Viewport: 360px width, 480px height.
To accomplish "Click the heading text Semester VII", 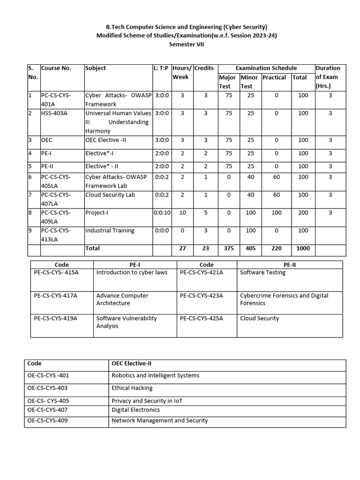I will [x=187, y=45].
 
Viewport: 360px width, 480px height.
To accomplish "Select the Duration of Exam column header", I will [x=328, y=77].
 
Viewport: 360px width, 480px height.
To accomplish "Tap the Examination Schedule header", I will [x=266, y=68].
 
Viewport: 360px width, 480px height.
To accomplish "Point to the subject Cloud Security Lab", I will [x=110, y=195].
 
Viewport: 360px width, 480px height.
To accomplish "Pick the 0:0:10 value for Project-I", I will [x=162, y=212].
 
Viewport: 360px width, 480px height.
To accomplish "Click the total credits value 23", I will [x=205, y=248].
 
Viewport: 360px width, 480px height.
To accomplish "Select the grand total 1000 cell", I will [x=303, y=248].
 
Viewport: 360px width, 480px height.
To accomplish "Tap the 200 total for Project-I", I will [x=303, y=212].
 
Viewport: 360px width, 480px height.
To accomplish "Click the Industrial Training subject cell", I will [x=110, y=230].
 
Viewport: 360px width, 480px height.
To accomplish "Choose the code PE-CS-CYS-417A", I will [x=56, y=295].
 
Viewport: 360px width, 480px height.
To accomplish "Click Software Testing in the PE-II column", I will [x=262, y=272].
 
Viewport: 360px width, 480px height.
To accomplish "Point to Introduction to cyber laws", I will [x=132, y=272].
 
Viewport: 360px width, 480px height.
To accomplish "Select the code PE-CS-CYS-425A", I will [x=202, y=318].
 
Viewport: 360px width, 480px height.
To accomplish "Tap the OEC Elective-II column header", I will [x=131, y=363].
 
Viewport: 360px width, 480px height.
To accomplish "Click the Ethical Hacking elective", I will [x=132, y=388].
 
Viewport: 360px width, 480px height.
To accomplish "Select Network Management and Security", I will [x=159, y=420].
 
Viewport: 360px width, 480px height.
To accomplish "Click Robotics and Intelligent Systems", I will [x=155, y=375].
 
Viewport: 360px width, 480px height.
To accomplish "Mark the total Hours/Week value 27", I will [x=182, y=248].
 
